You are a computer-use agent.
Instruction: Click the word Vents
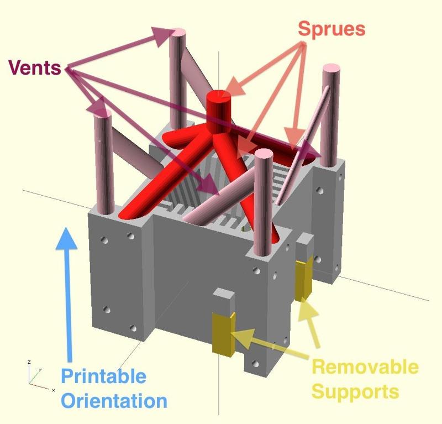click(34, 68)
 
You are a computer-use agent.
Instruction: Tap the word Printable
click(103, 377)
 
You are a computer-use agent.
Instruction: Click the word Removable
click(365, 367)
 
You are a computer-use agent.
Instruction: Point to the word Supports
click(355, 391)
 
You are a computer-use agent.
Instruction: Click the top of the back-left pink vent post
click(178, 33)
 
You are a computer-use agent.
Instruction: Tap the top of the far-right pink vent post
click(331, 69)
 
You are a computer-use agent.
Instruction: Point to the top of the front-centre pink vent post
click(262, 155)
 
